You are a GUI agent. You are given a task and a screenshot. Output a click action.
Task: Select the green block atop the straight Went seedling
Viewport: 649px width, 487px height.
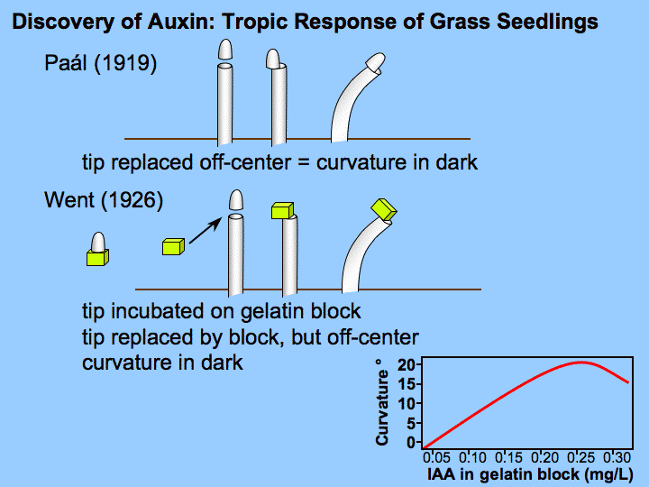(x=283, y=211)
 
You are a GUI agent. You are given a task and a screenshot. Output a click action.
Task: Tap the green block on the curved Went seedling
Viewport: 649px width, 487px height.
(x=384, y=209)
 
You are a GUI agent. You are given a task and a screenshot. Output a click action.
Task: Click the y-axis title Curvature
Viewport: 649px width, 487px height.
(x=383, y=401)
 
